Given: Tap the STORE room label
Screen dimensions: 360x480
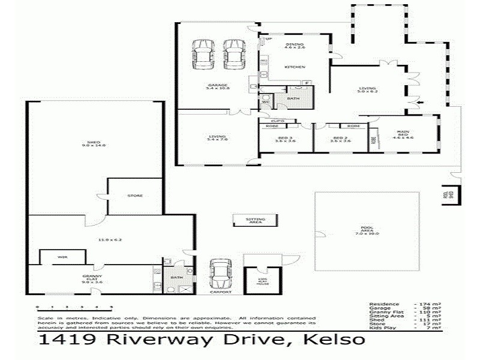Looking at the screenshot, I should coord(134,195).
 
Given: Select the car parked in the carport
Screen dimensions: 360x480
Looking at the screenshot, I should coord(220,275).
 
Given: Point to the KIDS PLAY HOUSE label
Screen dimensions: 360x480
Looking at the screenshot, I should coord(262,282).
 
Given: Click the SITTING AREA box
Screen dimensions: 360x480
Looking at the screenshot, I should coord(255,220).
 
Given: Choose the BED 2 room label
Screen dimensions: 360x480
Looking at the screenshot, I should coord(341,140).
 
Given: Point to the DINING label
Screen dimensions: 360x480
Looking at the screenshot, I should coord(295,45).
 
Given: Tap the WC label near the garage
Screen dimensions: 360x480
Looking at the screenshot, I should coord(265,102).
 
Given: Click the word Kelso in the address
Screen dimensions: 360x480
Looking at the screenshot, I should coord(334,340).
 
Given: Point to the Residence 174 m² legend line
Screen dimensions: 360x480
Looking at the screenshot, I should coord(405,304).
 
